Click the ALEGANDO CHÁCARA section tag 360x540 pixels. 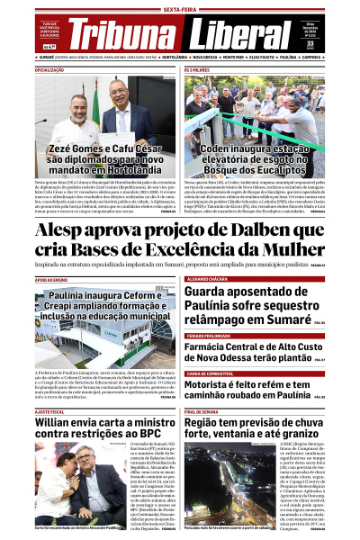click(208, 280)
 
